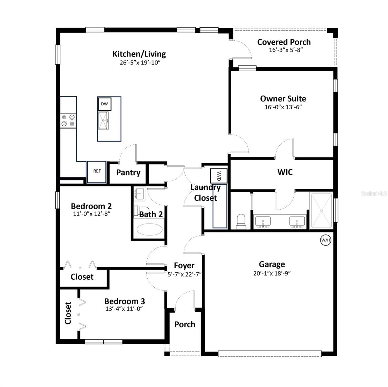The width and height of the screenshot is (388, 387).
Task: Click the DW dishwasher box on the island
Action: pyautogui.click(x=104, y=104)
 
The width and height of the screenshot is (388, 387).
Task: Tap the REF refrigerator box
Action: pyautogui.click(x=97, y=171)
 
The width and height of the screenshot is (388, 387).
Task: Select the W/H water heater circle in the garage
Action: pyautogui.click(x=326, y=240)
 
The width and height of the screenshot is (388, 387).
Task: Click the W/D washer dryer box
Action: pyautogui.click(x=218, y=176)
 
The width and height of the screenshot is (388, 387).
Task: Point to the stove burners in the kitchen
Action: pyautogui.click(x=68, y=120)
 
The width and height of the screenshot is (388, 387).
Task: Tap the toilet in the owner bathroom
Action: pyautogui.click(x=241, y=222)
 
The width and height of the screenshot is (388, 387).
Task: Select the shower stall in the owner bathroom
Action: pyautogui.click(x=321, y=211)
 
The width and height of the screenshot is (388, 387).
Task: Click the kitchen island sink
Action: pyautogui.click(x=104, y=121)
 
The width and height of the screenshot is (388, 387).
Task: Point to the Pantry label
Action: pyautogui.click(x=128, y=173)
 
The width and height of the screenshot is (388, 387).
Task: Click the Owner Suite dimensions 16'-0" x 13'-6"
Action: pyautogui.click(x=283, y=107)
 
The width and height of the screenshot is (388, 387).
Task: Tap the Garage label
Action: pyautogui.click(x=272, y=264)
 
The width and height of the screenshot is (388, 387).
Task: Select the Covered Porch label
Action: pyautogui.click(x=284, y=42)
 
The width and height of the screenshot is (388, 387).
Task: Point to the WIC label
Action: pyautogui.click(x=285, y=172)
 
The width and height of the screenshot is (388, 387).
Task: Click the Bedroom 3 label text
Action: pyautogui.click(x=124, y=301)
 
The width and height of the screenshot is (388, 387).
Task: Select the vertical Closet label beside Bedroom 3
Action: pyautogui.click(x=68, y=313)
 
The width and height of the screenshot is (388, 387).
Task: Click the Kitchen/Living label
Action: pyautogui.click(x=139, y=54)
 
